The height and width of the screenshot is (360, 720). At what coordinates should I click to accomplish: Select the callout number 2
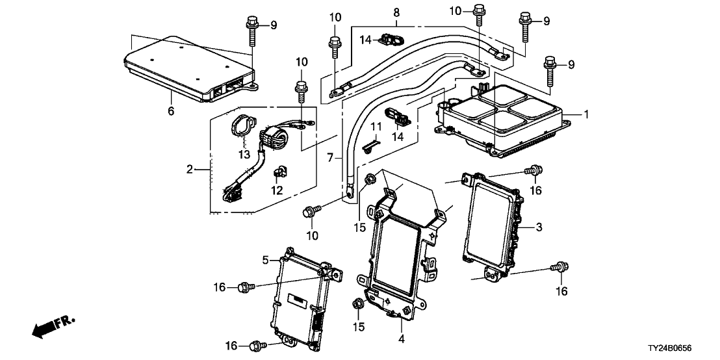click(x=190, y=170)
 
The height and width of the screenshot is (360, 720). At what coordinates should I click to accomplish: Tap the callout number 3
click(x=539, y=227)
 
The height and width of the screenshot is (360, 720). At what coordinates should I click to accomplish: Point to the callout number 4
click(x=402, y=339)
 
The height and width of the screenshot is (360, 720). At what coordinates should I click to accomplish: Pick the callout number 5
click(x=265, y=261)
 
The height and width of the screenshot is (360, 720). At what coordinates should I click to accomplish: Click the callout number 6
click(x=171, y=111)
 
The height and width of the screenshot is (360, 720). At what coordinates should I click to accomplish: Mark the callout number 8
click(x=396, y=12)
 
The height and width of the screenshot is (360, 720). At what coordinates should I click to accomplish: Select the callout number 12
click(x=277, y=190)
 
